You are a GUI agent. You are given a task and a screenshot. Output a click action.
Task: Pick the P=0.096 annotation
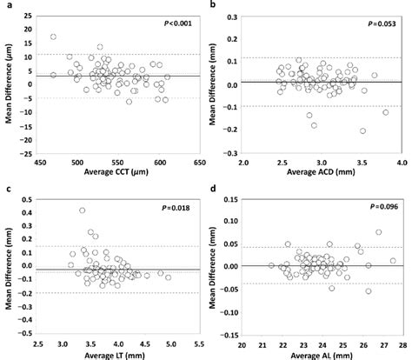pos(381,205)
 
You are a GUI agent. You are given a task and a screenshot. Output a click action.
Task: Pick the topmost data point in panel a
pos(53,37)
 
